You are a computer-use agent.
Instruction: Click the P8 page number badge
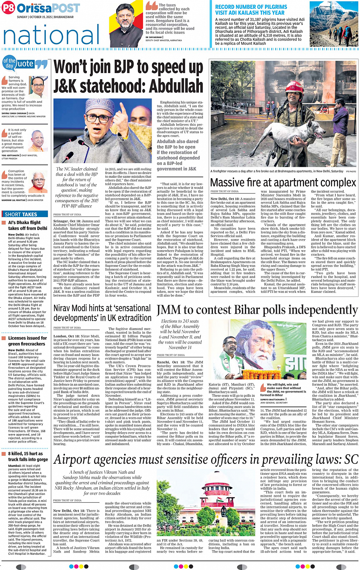pyautogui.click(x=8, y=8)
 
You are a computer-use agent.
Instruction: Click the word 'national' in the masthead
pyautogui.click(x=51, y=35)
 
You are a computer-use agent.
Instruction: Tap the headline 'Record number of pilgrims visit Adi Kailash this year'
pyautogui.click(x=251, y=10)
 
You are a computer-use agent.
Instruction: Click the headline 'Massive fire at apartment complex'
pyautogui.click(x=283, y=182)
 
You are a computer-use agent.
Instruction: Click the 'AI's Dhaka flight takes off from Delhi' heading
pyautogui.click(x=27, y=225)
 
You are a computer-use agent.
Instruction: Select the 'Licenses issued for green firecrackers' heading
pyautogui.click(x=27, y=341)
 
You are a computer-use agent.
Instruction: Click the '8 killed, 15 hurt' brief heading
pyautogui.click(x=28, y=457)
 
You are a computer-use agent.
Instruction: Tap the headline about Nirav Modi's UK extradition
pyautogui.click(x=102, y=313)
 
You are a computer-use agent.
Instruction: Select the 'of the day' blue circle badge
pyautogui.click(x=10, y=63)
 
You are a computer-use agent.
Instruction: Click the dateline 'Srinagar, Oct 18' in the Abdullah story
pyautogui.click(x=67, y=221)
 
